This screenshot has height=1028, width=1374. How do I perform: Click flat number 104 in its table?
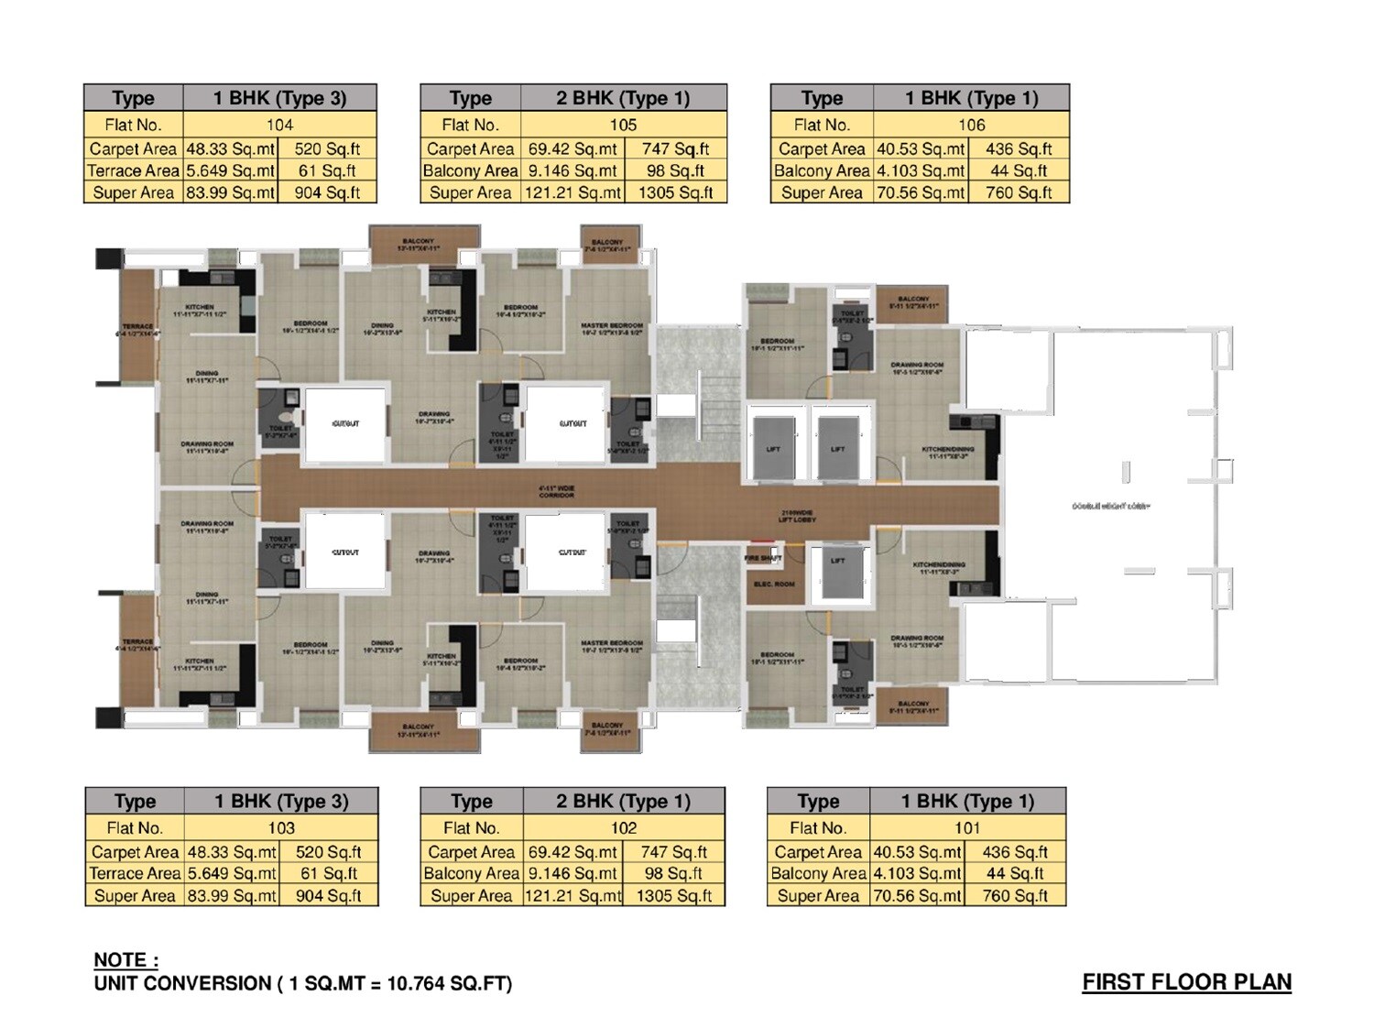(x=279, y=125)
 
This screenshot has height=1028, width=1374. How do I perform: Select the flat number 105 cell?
(x=623, y=125)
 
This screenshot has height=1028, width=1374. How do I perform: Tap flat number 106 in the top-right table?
(x=971, y=125)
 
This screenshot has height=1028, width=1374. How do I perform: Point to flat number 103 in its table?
(x=281, y=827)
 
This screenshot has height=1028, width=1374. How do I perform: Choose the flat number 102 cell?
(x=624, y=827)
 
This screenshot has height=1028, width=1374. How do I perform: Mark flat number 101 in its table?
(x=967, y=827)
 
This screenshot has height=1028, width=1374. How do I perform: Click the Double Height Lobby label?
(x=1110, y=506)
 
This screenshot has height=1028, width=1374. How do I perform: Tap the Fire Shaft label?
(x=763, y=557)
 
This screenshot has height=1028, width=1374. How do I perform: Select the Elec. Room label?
(x=774, y=584)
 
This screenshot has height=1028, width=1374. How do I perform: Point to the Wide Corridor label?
(x=557, y=491)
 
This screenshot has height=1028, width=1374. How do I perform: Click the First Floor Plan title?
(x=1186, y=982)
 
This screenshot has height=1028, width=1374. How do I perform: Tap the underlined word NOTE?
(x=125, y=960)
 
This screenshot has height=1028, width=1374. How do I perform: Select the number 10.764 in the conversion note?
(x=417, y=984)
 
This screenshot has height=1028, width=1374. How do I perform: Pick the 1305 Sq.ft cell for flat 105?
(x=675, y=192)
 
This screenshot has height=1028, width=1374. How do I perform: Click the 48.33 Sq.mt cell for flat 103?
(x=232, y=851)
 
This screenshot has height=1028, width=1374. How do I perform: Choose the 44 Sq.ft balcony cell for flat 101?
(x=1015, y=873)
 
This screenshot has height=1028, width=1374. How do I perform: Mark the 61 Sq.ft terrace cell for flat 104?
(x=327, y=170)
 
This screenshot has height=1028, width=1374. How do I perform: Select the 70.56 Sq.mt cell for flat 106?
(x=921, y=192)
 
